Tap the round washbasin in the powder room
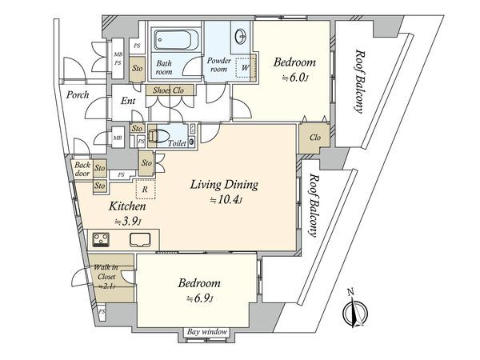[x=241, y=37]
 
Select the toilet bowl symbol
[x=158, y=136]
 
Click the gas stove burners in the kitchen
[x=101, y=239]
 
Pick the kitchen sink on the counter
[x=140, y=240]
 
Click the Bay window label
[x=207, y=332]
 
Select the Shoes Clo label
[x=168, y=90]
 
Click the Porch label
[x=78, y=95]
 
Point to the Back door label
[x=82, y=169]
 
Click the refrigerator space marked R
[x=146, y=189]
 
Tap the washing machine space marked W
[x=244, y=67]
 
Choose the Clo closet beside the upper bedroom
[x=314, y=138]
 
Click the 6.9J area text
[x=200, y=298]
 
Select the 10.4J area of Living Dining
[x=226, y=200]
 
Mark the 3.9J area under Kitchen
[x=128, y=222]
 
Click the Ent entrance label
[x=128, y=101]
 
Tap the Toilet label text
[x=177, y=142]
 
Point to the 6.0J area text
[x=294, y=78]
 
